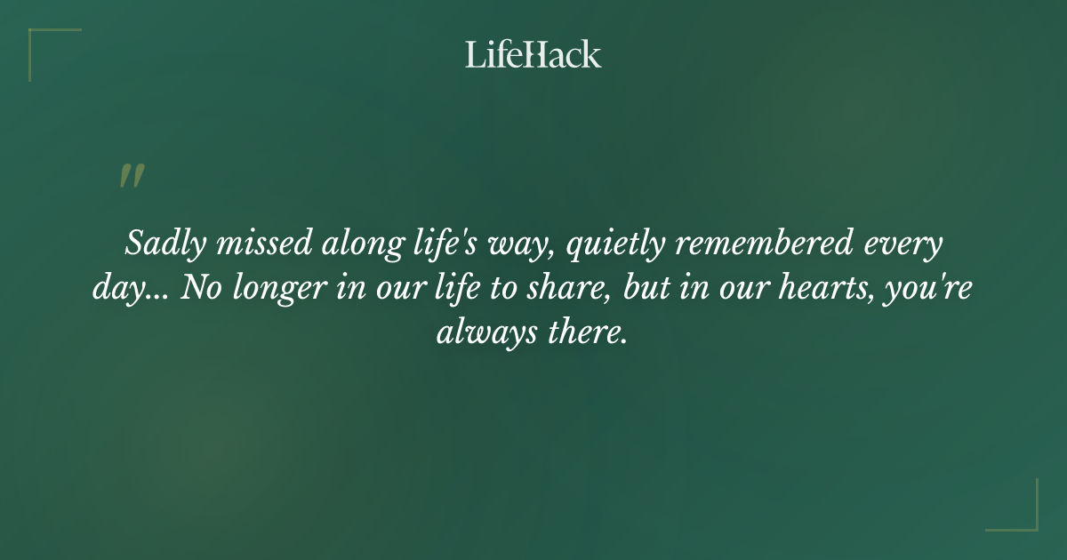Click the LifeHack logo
tap(533, 54)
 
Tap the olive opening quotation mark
tap(132, 176)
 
